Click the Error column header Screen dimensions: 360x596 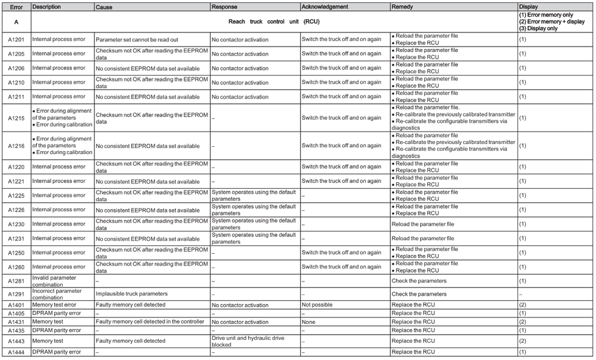[15, 6]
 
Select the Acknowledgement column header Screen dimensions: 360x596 [325, 6]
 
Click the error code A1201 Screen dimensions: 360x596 [16, 40]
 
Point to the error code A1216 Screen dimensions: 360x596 [16, 146]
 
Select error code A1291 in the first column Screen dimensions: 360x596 [16, 294]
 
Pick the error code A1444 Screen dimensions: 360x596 [16, 352]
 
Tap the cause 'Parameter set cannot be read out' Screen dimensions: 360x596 [137, 40]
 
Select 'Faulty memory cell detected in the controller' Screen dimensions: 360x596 [150, 322]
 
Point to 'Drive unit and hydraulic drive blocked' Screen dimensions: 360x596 [254, 341]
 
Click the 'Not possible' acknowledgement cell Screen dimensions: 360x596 [317, 305]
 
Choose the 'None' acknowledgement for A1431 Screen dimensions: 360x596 [309, 322]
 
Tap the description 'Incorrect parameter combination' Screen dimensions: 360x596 [57, 294]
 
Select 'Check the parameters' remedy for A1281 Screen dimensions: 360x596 [419, 281]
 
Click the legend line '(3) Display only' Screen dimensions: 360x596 [541, 27]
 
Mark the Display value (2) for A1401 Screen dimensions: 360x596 [522, 305]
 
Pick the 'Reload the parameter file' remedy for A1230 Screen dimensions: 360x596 [423, 224]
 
